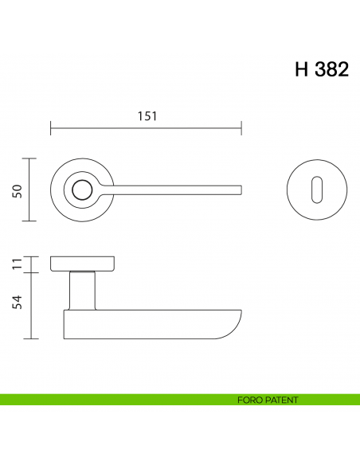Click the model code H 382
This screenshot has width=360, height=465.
tap(321, 69)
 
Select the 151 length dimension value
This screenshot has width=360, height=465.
tap(146, 115)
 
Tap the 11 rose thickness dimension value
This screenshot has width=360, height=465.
tap(16, 264)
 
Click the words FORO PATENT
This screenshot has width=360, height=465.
tap(268, 400)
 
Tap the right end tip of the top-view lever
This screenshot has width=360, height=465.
tap(240, 190)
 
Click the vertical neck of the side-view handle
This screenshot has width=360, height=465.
tap(82, 291)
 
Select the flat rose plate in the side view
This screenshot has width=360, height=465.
tap(84, 264)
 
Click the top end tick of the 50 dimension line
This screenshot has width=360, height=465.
tap(31, 158)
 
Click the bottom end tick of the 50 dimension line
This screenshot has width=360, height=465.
tap(31, 221)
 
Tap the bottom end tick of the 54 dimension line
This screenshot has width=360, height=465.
tap(31, 338)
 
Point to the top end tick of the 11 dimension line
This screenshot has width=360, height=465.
tap(31, 257)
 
